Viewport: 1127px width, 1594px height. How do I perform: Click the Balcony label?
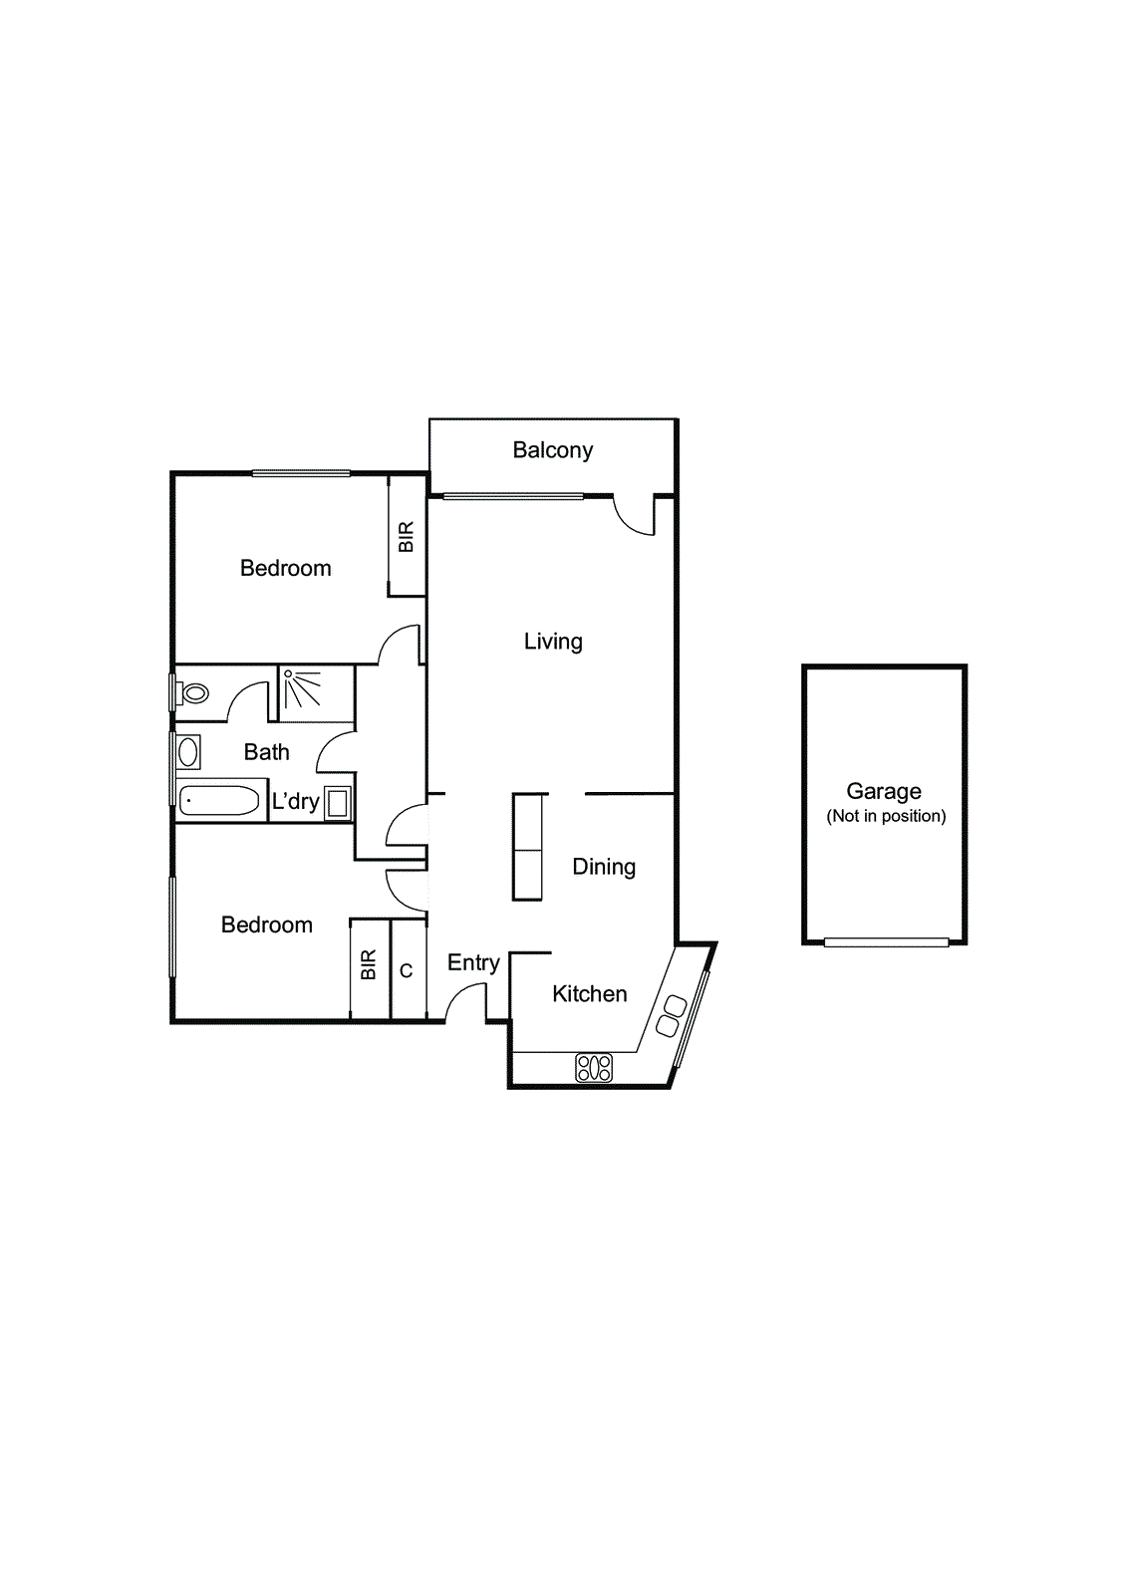552,450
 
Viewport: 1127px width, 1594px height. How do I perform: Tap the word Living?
553,642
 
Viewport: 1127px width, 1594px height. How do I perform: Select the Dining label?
603,867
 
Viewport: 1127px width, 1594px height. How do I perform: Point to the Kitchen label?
589,993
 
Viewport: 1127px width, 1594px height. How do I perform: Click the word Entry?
472,962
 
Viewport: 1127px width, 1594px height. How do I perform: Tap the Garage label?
883,791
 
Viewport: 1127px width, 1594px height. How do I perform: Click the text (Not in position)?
886,816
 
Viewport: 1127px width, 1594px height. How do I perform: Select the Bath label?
266,752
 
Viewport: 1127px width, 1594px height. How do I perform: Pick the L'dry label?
295,801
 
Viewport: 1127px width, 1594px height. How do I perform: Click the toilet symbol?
194,692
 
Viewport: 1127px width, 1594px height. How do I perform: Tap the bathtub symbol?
219,800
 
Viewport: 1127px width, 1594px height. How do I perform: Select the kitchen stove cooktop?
594,1069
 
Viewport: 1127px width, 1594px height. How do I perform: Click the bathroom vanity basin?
188,752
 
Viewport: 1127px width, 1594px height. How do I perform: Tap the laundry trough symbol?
338,803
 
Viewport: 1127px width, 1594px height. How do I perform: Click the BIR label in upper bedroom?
407,537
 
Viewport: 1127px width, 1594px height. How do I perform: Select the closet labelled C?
407,970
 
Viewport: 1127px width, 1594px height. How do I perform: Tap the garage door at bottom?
886,941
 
